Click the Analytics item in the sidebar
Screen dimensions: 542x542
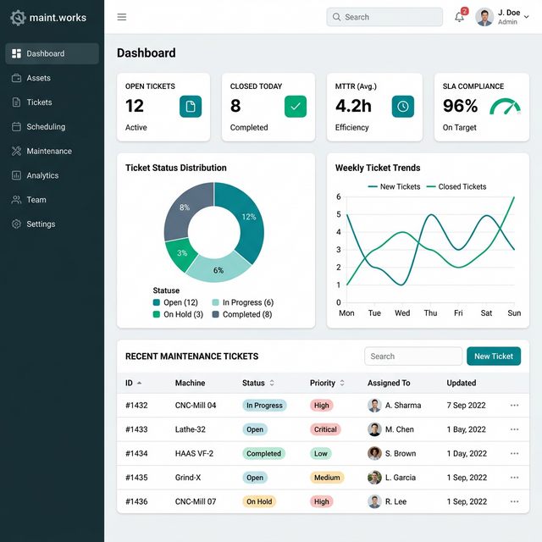coord(42,175)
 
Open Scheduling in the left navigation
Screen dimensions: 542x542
coord(46,127)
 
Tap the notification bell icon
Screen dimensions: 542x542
coord(459,17)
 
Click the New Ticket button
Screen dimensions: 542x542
coord(494,357)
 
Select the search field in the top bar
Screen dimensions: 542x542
coord(384,17)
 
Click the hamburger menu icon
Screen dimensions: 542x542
coord(122,17)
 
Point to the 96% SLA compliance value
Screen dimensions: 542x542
coord(461,106)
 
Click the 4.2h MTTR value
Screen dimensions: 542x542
coord(353,106)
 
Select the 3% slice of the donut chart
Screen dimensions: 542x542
coord(181,252)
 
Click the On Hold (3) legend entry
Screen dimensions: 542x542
coord(178,314)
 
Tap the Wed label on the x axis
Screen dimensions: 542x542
coord(402,313)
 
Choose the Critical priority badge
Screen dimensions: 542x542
coord(325,429)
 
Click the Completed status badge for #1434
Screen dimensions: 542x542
coord(263,454)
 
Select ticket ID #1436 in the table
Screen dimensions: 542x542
coord(136,501)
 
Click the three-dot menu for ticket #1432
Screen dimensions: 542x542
coord(514,406)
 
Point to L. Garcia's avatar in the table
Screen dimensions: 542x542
coord(374,478)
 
